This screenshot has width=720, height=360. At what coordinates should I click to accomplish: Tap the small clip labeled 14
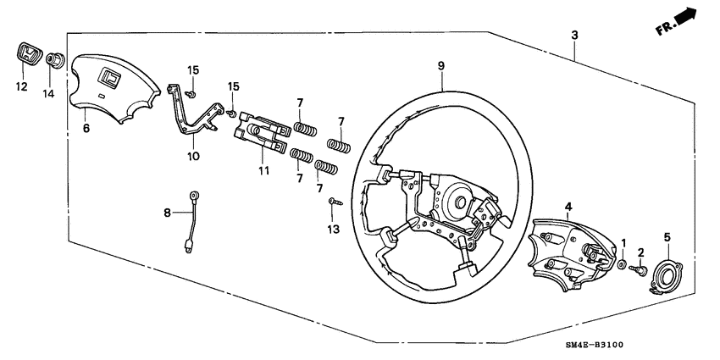coord(56,61)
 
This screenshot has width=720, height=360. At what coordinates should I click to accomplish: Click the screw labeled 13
coord(333,202)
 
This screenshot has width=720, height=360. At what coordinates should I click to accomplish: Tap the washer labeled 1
coord(623,266)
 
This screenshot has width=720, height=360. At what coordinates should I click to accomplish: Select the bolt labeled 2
coord(640,272)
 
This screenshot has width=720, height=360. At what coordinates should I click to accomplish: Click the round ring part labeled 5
coord(668,276)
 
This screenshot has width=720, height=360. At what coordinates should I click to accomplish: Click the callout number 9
coord(441,65)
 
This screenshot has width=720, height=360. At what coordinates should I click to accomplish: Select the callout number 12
coord(21,86)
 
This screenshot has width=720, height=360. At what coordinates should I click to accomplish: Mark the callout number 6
coord(86,129)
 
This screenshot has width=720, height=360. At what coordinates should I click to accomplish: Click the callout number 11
coord(263,171)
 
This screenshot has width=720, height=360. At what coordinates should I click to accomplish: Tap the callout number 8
coord(167,212)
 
